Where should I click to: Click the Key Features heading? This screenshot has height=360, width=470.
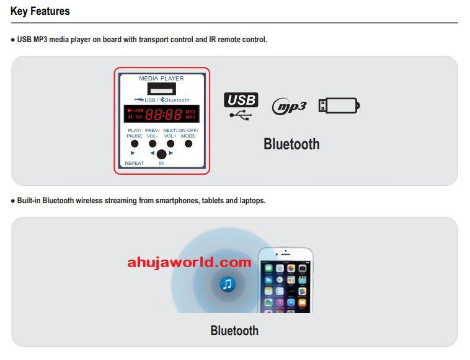coord(40,11)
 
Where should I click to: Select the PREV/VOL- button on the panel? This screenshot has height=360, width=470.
coord(153,144)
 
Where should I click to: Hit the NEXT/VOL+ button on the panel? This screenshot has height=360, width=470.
coord(170,144)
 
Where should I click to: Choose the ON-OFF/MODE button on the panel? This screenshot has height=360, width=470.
coord(188,144)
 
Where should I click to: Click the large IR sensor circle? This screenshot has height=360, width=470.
coord(161,154)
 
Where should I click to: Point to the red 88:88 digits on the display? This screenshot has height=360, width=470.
coord(164,115)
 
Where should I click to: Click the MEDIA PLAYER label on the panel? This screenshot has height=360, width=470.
coord(161,79)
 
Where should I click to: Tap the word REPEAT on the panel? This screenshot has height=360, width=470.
coord(134,164)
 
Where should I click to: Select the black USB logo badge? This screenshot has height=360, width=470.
coord(241,100)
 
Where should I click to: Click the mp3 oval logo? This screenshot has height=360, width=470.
coord(290,106)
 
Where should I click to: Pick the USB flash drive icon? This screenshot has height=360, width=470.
coord(339,105)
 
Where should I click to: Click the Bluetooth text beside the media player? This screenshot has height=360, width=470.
coord(291,144)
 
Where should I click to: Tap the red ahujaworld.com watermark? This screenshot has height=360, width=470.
coord(189,262)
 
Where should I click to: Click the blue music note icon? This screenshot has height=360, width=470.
coord(228,284)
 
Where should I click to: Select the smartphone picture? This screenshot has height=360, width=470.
coord(285,280)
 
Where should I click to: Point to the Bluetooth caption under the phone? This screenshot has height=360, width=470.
coord(234,330)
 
